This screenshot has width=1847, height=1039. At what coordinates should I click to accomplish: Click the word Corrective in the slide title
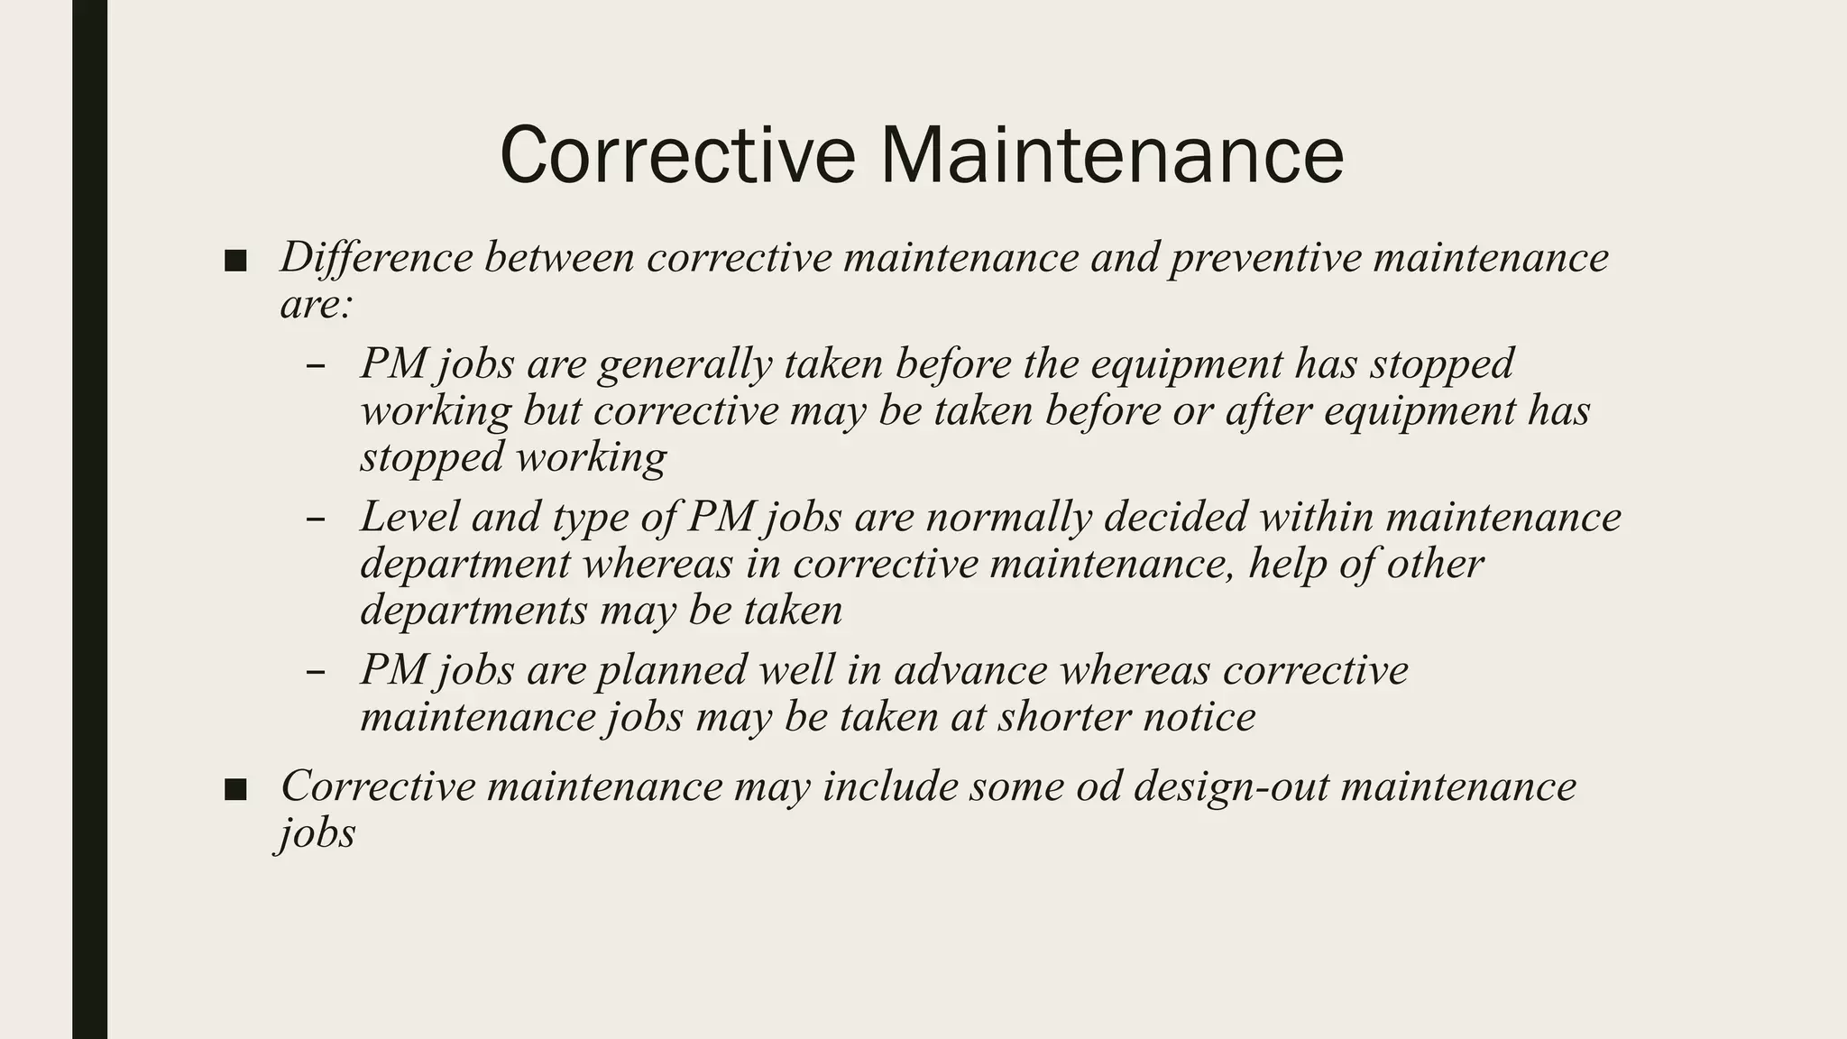(x=677, y=155)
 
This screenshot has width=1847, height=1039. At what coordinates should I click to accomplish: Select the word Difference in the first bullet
(x=376, y=257)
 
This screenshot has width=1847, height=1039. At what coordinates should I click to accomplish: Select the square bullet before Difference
(x=235, y=261)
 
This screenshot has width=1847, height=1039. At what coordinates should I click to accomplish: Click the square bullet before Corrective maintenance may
(x=235, y=790)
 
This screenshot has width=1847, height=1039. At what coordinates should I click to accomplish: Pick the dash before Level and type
(x=316, y=520)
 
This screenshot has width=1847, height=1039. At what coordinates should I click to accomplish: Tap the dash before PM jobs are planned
(x=316, y=673)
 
